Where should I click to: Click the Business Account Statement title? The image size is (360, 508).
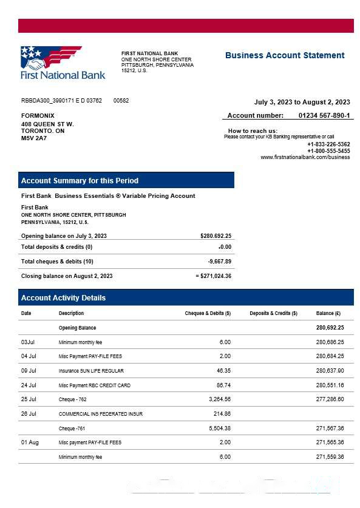pyautogui.click(x=285, y=55)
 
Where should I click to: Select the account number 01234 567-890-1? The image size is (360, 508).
pyautogui.click(x=324, y=115)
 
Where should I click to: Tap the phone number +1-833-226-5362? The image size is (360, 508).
pyautogui.click(x=328, y=144)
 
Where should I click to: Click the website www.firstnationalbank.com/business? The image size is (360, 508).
pyautogui.click(x=305, y=157)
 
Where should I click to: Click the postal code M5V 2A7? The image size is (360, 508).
pyautogui.click(x=34, y=138)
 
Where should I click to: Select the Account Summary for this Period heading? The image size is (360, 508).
pyautogui.click(x=80, y=180)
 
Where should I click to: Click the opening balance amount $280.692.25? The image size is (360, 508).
pyautogui.click(x=216, y=235)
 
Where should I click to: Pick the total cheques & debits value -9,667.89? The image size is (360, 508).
pyautogui.click(x=219, y=262)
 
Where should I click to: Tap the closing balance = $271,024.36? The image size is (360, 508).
pyautogui.click(x=213, y=276)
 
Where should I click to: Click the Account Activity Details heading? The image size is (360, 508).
pyautogui.click(x=63, y=298)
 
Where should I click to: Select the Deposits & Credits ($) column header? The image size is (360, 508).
pyautogui.click(x=273, y=313)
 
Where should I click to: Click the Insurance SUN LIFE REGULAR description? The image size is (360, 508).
pyautogui.click(x=91, y=371)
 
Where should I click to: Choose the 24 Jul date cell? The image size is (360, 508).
pyautogui.click(x=29, y=385)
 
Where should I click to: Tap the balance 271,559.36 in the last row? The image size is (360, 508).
pyautogui.click(x=330, y=457)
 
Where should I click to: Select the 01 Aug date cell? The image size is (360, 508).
pyautogui.click(x=30, y=442)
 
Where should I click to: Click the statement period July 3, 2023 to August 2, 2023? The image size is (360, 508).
pyautogui.click(x=302, y=102)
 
